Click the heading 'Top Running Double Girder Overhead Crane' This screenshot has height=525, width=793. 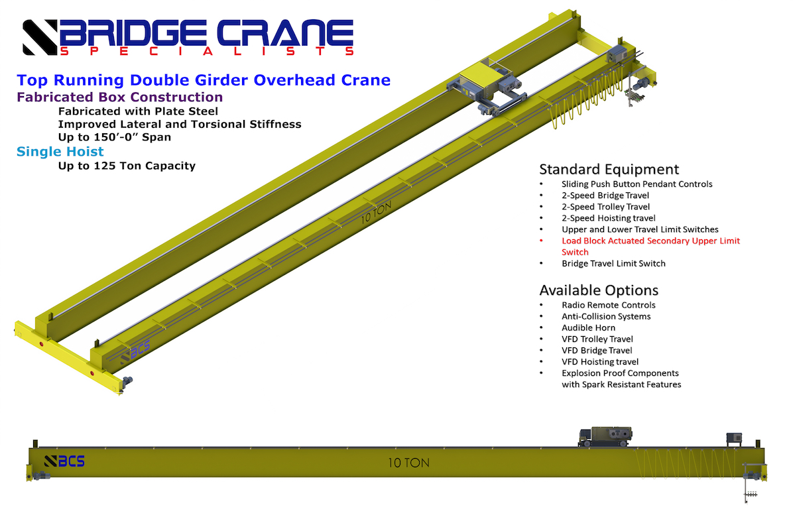click(x=204, y=80)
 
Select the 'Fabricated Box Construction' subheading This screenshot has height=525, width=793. click(x=120, y=97)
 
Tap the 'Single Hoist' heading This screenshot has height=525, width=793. click(x=60, y=152)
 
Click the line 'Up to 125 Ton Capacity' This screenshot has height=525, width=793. click(x=127, y=166)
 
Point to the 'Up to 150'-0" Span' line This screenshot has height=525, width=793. click(x=114, y=137)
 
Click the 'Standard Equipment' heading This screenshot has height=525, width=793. click(x=609, y=169)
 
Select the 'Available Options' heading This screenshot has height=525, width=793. click(x=599, y=290)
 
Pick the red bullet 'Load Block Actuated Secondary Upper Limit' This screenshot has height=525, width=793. click(x=650, y=241)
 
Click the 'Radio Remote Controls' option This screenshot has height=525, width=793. click(x=609, y=305)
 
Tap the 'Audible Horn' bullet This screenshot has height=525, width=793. click(x=588, y=327)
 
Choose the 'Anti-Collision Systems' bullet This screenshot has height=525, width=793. click(x=606, y=317)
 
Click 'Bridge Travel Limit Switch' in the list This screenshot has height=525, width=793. click(x=613, y=264)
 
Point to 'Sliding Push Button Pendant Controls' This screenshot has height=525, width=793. click(x=637, y=184)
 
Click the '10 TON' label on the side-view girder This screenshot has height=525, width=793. click(x=408, y=463)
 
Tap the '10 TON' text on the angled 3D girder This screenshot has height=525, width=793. click(x=376, y=212)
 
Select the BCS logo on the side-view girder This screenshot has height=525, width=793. click(x=64, y=461)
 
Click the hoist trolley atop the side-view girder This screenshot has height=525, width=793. click(x=605, y=436)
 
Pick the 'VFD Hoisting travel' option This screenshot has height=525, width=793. click(x=600, y=362)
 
